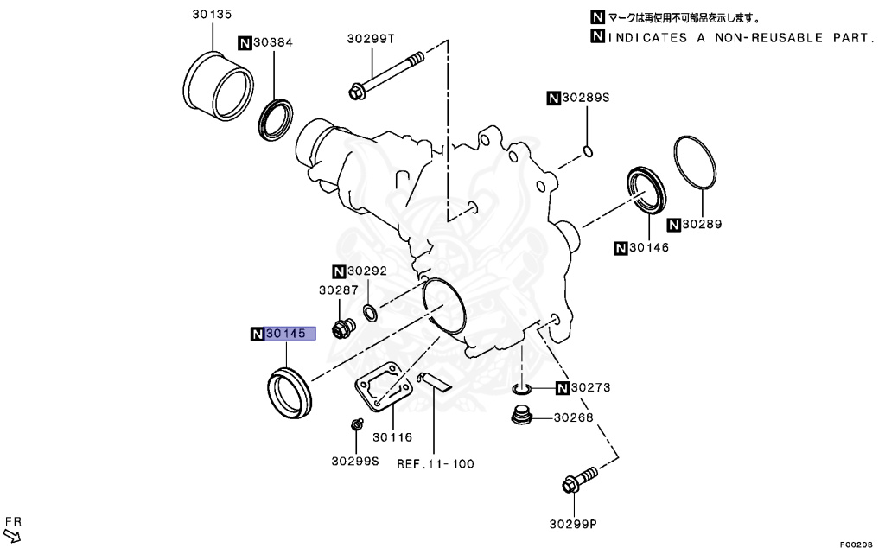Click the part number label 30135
pyautogui.click(x=212, y=15)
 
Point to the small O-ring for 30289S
pyautogui.click(x=588, y=152)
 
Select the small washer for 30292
pyautogui.click(x=369, y=311)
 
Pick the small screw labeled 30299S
pyautogui.click(x=354, y=424)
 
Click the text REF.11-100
pyautogui.click(x=436, y=463)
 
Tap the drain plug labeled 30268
pyautogui.click(x=520, y=416)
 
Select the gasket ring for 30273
pyautogui.click(x=524, y=388)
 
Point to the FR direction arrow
pyautogui.click(x=12, y=533)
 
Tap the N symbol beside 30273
pyautogui.click(x=563, y=388)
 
